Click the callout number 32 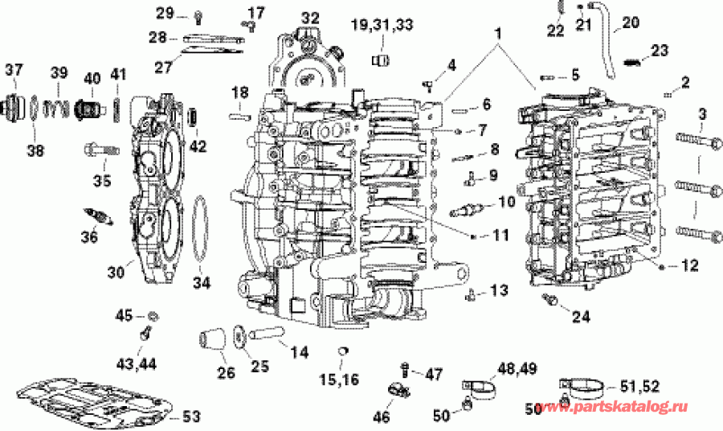click(309, 17)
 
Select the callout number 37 click(14, 71)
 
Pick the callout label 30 click(116, 273)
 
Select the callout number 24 click(579, 317)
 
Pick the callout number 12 click(690, 265)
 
